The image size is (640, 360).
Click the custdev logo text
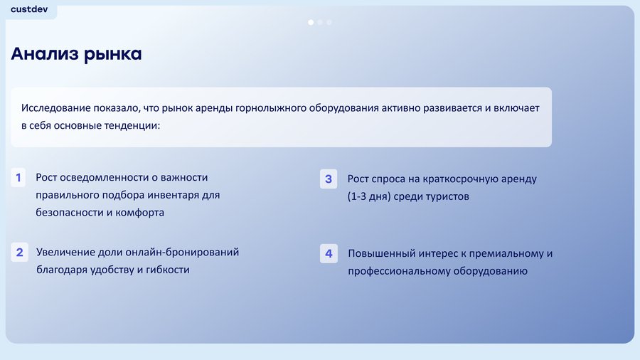[x=29, y=9]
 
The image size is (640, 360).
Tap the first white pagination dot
[x=311, y=22]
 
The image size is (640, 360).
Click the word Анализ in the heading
[x=45, y=54]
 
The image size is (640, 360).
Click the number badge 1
[x=18, y=178]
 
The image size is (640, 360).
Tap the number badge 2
[x=19, y=253]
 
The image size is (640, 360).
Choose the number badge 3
[x=329, y=179]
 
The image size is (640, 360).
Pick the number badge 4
[x=329, y=253]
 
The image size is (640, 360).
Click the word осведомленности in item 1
[x=103, y=178]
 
